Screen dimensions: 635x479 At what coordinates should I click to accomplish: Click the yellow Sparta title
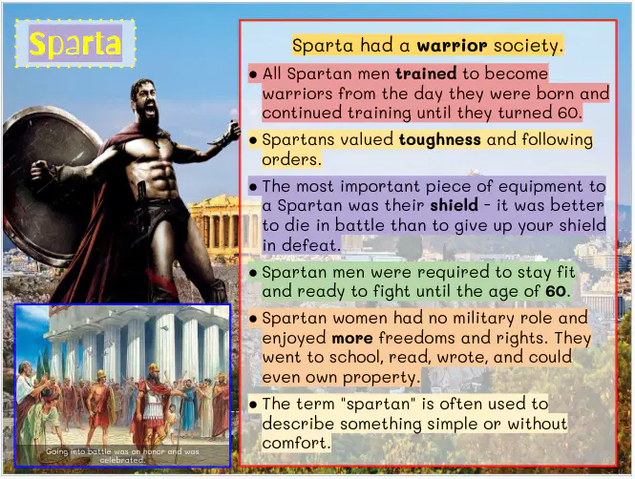pyautogui.click(x=75, y=43)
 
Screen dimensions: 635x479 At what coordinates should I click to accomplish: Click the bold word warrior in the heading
pyautogui.click(x=452, y=45)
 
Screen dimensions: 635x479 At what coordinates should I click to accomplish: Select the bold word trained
pyautogui.click(x=426, y=73)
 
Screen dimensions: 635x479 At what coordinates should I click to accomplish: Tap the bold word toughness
pyautogui.click(x=440, y=139)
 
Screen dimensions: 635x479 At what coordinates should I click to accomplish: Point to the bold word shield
pyautogui.click(x=454, y=205)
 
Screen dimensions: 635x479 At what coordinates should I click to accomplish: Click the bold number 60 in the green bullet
pyautogui.click(x=555, y=291)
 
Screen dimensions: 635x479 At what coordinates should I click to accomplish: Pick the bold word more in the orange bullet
pyautogui.click(x=352, y=338)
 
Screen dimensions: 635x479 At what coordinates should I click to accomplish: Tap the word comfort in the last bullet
pyautogui.click(x=296, y=443)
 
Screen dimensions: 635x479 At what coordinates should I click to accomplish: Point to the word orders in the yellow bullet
pyautogui.click(x=291, y=159)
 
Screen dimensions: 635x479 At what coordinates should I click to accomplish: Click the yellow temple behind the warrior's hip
pyautogui.click(x=222, y=222)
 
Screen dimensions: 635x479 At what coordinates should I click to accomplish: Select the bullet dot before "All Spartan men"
pyautogui.click(x=253, y=74)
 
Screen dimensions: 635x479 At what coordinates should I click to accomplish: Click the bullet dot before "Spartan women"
pyautogui.click(x=253, y=320)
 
